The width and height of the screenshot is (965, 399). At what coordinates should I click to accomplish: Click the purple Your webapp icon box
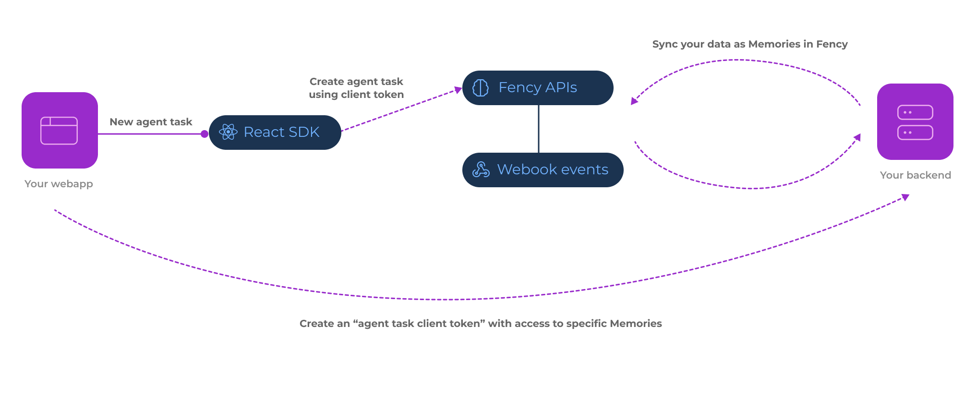[60, 130]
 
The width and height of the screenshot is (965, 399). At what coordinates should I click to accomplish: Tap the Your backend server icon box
[915, 121]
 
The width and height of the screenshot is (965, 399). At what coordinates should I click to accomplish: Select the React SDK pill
[275, 133]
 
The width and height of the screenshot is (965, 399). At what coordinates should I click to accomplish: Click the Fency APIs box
[538, 88]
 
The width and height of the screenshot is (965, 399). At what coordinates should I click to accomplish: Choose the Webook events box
[543, 169]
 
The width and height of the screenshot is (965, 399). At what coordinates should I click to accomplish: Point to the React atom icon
[228, 132]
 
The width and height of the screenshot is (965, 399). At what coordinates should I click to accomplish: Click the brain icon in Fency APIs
[481, 88]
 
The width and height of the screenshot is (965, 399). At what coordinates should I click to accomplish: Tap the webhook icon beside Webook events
[481, 169]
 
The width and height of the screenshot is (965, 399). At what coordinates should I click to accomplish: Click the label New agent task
[151, 122]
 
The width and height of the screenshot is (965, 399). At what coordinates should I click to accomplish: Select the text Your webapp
[59, 184]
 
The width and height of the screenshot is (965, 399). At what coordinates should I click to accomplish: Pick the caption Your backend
[915, 175]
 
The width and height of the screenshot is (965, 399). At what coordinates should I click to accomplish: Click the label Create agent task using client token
[356, 88]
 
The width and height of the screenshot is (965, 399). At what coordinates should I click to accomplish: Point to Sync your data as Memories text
[749, 44]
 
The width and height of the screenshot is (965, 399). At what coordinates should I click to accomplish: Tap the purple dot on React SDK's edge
[205, 134]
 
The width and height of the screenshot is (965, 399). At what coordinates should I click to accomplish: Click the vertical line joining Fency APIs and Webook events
[539, 129]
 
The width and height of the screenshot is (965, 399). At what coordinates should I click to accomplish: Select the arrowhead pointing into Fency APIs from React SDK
[458, 90]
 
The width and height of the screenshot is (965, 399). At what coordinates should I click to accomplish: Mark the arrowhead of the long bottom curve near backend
[905, 197]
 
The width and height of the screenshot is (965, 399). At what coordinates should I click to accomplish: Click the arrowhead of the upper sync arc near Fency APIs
[634, 101]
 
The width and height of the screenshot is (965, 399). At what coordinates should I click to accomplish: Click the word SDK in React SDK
[304, 132]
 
